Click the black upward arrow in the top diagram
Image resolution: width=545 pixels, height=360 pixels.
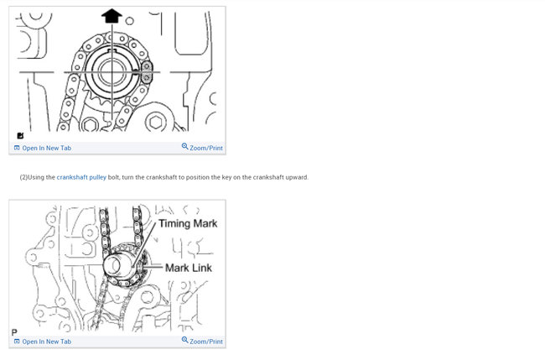point(112,15)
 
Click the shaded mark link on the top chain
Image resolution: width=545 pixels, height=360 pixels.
point(146,73)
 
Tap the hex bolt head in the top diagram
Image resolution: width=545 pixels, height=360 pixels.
point(156,123)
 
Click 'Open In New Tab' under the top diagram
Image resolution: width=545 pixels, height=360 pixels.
point(46,149)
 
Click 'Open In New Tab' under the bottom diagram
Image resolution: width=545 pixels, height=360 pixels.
point(46,342)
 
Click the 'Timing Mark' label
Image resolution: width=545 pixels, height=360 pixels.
point(188,224)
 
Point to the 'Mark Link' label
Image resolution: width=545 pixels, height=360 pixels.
point(189,268)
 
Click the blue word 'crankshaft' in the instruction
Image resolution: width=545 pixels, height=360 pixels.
point(72,177)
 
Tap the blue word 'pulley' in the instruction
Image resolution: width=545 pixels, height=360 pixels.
point(98,177)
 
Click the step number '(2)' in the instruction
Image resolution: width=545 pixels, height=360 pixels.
point(23,177)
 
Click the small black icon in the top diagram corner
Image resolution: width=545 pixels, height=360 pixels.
point(20,136)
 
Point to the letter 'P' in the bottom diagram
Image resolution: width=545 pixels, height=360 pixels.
point(14,332)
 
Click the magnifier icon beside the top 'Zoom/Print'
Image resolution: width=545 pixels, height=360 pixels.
point(185,147)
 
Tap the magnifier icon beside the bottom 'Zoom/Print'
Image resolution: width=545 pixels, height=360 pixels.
point(185,340)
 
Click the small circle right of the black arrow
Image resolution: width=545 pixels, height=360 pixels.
point(129,21)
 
